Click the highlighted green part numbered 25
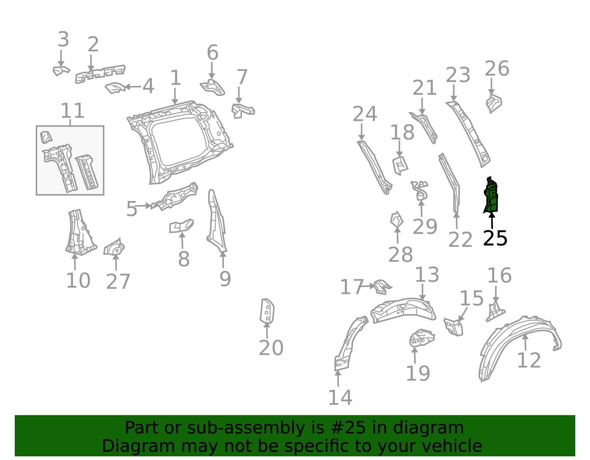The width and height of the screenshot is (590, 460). tap(491, 196)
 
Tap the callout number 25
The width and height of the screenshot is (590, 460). tap(495, 239)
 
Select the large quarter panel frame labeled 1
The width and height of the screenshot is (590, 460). tap(180, 142)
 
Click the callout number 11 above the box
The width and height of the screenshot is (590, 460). tap(72, 110)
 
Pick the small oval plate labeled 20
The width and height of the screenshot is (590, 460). tap(267, 311)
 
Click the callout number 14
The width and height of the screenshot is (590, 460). tap(340, 398)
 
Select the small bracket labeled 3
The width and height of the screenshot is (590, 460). tap(61, 71)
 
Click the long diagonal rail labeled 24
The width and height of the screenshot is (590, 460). tap(375, 168)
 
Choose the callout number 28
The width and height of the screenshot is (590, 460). tap(400, 255)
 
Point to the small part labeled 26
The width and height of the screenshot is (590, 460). tap(494, 103)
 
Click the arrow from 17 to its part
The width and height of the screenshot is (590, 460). tap(368, 286)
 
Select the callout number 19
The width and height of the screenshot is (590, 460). tap(418, 373)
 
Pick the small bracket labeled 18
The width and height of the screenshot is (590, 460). tap(400, 166)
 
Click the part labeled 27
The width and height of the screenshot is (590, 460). tap(114, 247)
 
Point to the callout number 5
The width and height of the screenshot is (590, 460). tap(132, 209)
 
